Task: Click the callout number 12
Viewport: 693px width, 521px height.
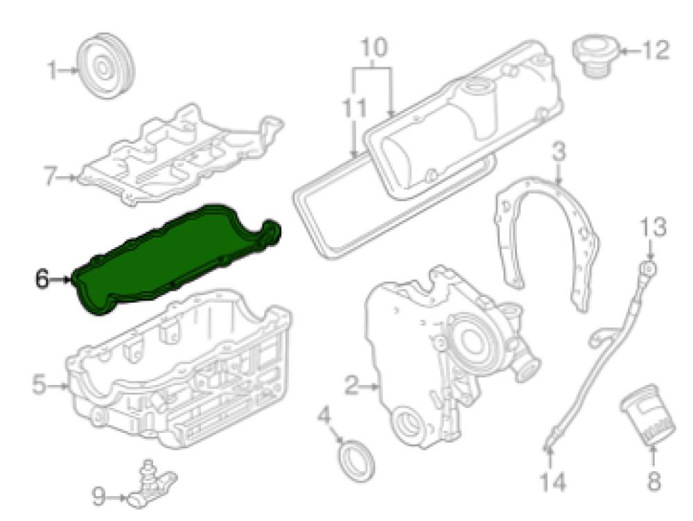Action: point(656,51)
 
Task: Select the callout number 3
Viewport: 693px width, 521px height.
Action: point(559,153)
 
